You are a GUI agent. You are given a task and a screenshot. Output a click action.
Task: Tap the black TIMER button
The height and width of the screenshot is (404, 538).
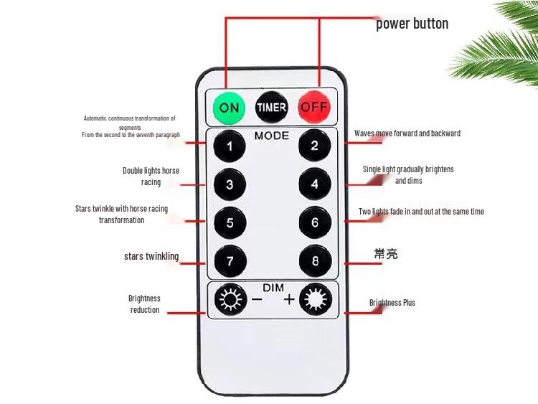pyautogui.click(x=271, y=108)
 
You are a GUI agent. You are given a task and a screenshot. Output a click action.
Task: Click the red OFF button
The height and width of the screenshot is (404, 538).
pyautogui.click(x=314, y=108)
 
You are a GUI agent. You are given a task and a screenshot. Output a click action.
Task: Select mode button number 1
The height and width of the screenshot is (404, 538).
pyautogui.click(x=230, y=147)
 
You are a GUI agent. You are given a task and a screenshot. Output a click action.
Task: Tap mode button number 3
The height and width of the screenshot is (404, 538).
pyautogui.click(x=230, y=184)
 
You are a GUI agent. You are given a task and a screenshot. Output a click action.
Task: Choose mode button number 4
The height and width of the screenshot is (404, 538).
pyautogui.click(x=315, y=184)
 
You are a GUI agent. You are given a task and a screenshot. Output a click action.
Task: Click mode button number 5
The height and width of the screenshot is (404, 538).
pyautogui.click(x=230, y=222)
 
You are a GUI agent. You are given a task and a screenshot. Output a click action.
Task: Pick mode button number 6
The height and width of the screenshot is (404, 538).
pyautogui.click(x=315, y=222)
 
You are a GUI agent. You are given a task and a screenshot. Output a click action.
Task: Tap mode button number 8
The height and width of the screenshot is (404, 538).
pyautogui.click(x=315, y=261)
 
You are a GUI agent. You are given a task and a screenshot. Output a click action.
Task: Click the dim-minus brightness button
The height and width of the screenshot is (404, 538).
pyautogui.click(x=230, y=299)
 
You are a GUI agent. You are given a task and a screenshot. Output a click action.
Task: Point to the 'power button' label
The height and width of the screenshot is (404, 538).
pyautogui.click(x=412, y=24)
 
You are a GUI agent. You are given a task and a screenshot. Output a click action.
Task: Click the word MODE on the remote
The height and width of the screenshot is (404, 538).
pyautogui.click(x=272, y=136)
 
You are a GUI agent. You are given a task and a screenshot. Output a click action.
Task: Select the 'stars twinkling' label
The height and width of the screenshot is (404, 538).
pyautogui.click(x=151, y=256)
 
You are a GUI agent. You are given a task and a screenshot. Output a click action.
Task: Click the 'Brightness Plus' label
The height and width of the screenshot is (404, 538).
pyautogui.click(x=392, y=303)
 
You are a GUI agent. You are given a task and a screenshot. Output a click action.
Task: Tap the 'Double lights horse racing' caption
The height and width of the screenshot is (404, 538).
pyautogui.click(x=151, y=177)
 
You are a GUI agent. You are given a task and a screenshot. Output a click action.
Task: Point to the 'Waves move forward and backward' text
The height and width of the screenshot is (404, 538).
pyautogui.click(x=407, y=133)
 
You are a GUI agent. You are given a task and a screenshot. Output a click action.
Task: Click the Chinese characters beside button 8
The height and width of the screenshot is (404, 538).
pyautogui.click(x=385, y=254)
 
